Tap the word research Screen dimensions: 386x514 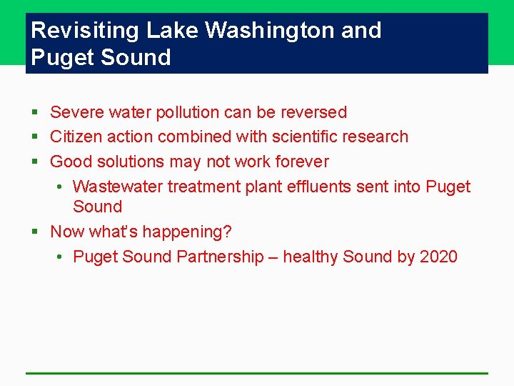click(x=375, y=137)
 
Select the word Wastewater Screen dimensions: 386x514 click(x=118, y=187)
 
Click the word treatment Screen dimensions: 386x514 click(x=203, y=187)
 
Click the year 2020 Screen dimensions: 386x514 click(x=438, y=257)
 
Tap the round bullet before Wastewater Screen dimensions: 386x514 click(x=60, y=187)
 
